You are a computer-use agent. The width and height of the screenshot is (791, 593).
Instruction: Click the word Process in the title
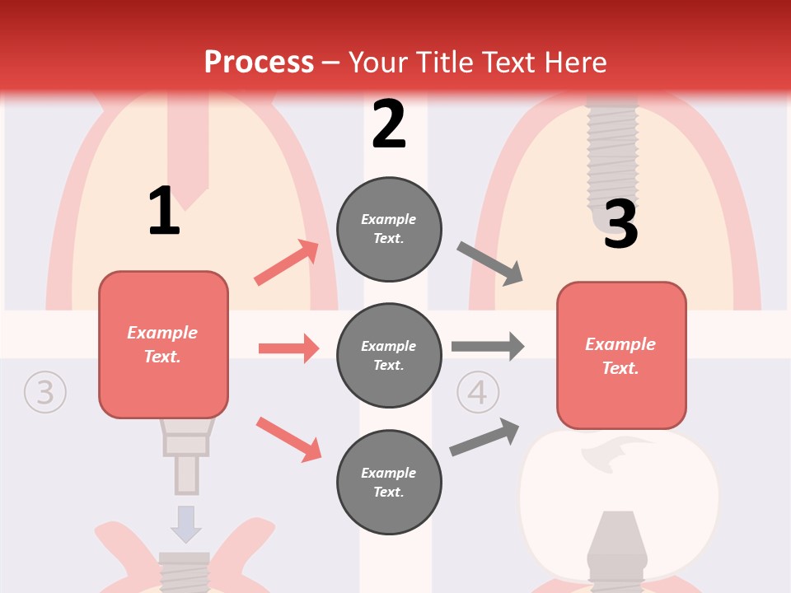[x=259, y=62]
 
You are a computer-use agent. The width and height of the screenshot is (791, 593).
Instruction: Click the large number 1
[x=164, y=211]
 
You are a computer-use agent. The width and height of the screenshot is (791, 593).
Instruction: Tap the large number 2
[x=389, y=124]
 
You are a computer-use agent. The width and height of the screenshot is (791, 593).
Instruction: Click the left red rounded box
[x=163, y=344]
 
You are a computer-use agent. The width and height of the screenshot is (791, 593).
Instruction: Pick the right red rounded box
[x=621, y=355]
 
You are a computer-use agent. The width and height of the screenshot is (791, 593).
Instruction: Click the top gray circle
[x=389, y=228]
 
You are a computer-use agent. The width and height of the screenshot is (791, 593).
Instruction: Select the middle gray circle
[x=389, y=355]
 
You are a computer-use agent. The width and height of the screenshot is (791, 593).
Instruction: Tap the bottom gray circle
[x=389, y=482]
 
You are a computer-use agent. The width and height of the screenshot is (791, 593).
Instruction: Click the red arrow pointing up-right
[x=287, y=263]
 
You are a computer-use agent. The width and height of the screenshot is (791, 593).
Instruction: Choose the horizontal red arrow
[x=288, y=348]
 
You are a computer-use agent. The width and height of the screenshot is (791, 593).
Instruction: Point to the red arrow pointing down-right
[x=288, y=439]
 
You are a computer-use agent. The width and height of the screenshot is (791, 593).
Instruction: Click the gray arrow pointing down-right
[x=490, y=264]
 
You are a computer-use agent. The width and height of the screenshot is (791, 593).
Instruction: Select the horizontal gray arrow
[x=488, y=346]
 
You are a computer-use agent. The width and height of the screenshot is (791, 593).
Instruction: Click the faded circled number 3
[x=44, y=392]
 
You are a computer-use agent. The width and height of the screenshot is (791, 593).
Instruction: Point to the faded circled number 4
[x=477, y=392]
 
